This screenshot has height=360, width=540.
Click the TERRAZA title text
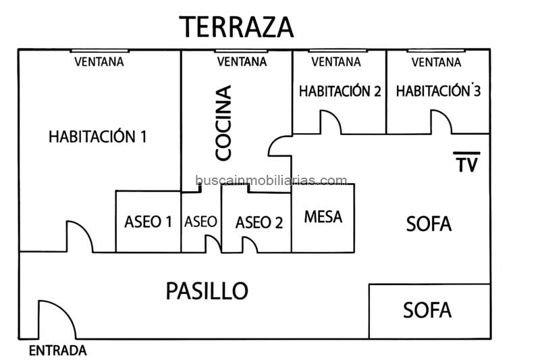(237, 27)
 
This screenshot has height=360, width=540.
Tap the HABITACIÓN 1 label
(98, 136)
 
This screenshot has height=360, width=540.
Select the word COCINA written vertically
(223, 122)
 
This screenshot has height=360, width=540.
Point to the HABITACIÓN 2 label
(335, 91)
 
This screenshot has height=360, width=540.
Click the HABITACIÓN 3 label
(438, 91)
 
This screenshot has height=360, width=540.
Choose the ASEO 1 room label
(148, 222)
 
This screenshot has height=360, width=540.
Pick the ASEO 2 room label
(259, 222)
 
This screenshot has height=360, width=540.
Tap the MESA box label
(323, 217)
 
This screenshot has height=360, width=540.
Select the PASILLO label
(207, 291)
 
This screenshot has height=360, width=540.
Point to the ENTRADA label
(58, 351)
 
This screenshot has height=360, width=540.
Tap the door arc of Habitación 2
(331, 122)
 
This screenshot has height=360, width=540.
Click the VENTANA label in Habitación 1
(99, 62)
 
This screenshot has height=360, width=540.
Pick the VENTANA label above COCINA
(241, 62)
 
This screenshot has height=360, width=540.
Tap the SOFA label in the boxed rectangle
(427, 311)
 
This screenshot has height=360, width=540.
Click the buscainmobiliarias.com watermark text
(271, 181)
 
